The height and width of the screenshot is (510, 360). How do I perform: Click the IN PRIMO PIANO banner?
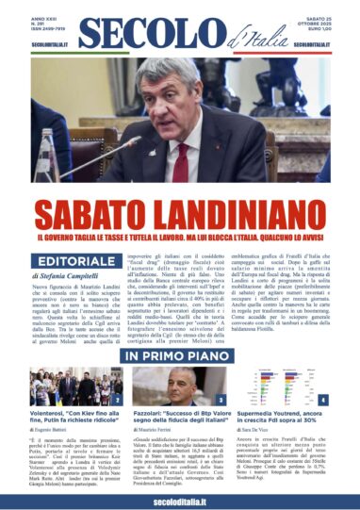coord(179,330)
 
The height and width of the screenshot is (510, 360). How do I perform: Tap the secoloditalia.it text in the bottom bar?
coord(179,499)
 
